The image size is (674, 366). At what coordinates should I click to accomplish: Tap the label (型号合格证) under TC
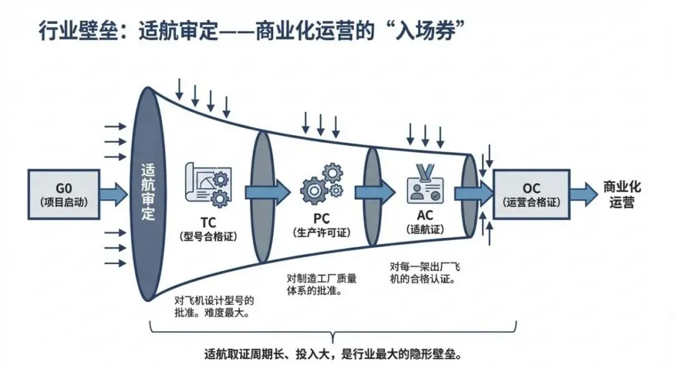pos(208,235)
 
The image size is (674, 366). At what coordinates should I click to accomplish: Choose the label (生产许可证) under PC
pos(321,231)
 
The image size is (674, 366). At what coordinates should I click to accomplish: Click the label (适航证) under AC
pos(423,229)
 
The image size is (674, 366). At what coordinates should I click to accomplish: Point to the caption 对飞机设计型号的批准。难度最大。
pos(212,305)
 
